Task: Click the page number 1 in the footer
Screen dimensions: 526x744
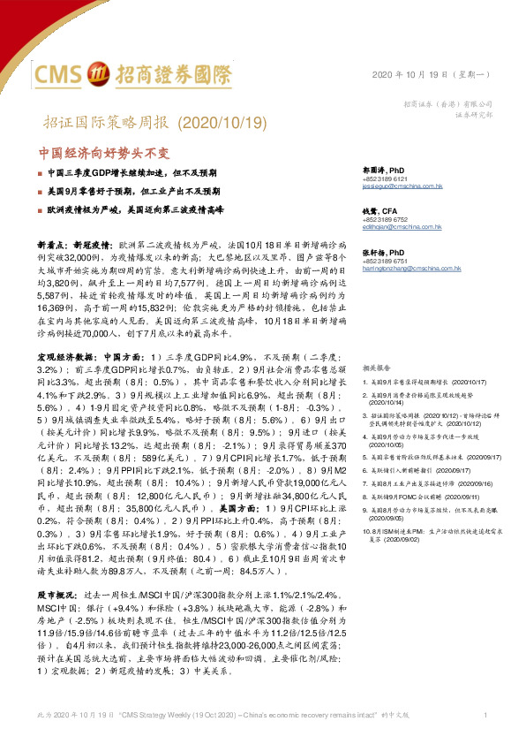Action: tap(486, 713)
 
